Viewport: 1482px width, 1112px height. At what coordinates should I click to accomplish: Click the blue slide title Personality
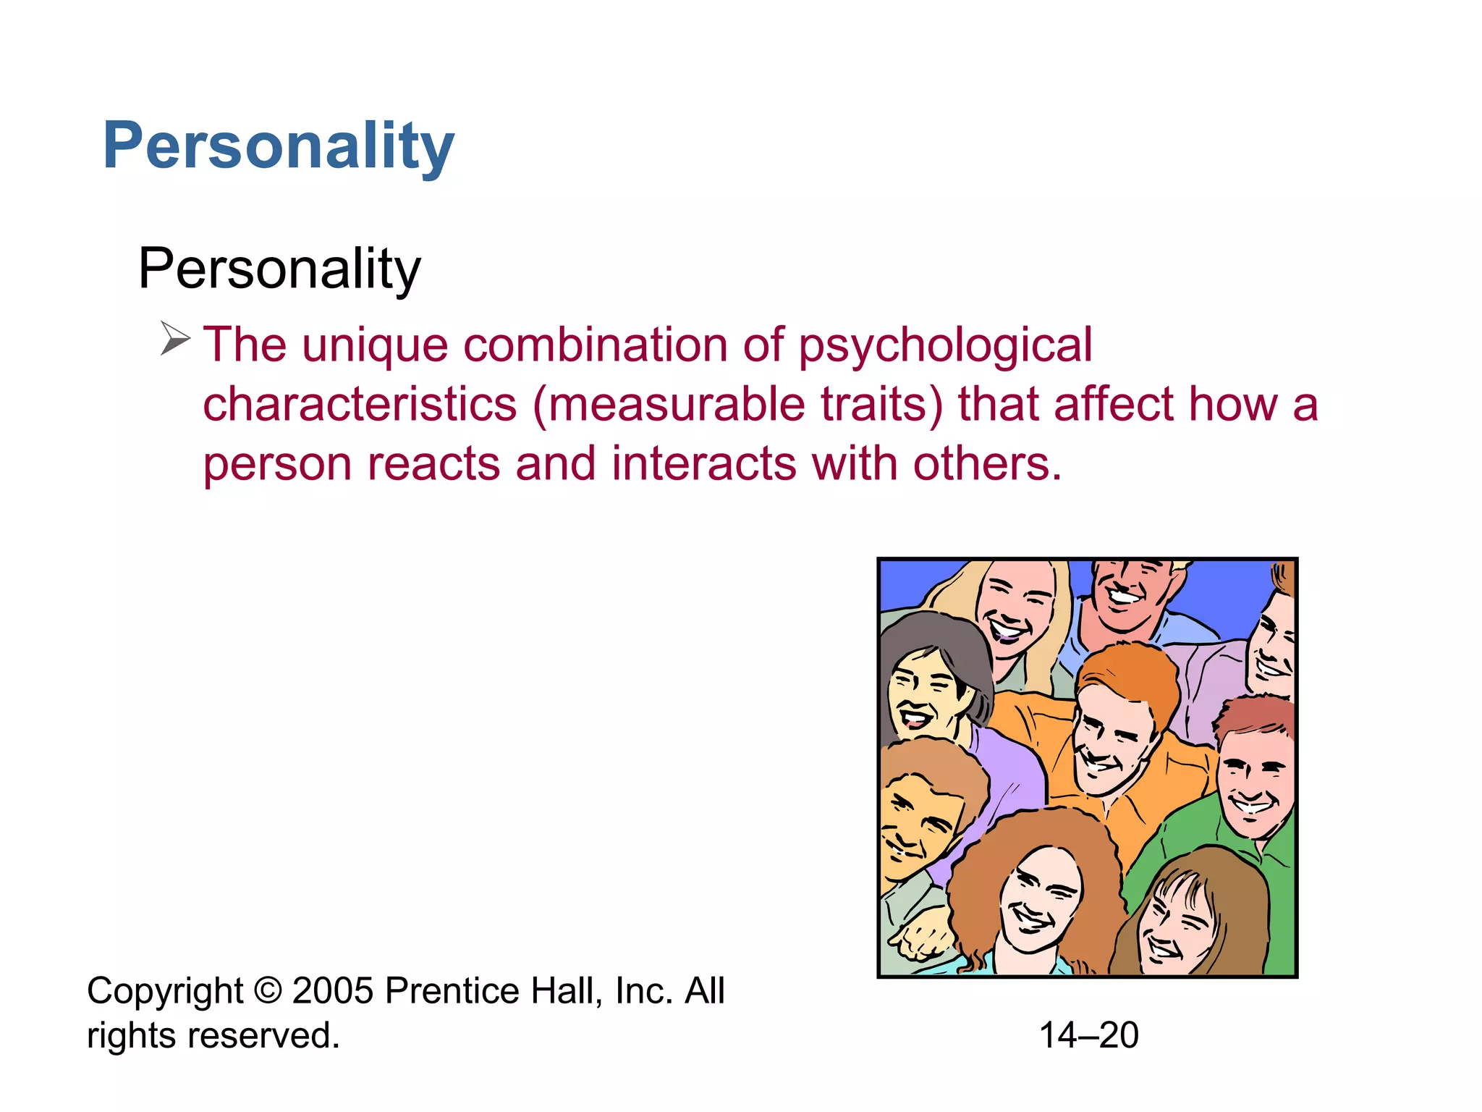[279, 147]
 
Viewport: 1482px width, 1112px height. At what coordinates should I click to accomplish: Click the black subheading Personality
[279, 269]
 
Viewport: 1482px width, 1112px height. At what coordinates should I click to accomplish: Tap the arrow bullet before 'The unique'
[174, 338]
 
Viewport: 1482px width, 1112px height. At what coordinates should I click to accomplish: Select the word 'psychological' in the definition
[945, 346]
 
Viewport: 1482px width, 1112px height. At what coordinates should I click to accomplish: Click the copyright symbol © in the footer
[268, 990]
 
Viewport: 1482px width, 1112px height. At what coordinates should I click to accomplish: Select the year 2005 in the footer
[333, 990]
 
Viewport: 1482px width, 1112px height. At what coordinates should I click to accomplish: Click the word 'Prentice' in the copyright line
[452, 990]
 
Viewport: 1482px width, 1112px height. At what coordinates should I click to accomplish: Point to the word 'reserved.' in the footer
[263, 1035]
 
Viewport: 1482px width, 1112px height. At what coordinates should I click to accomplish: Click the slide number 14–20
[1088, 1035]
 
